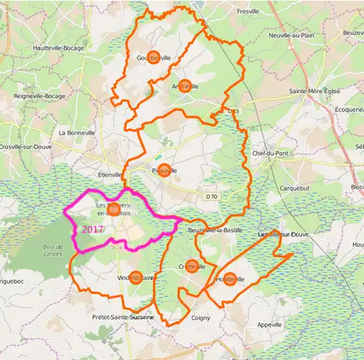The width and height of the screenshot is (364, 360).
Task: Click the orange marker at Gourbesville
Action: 154,58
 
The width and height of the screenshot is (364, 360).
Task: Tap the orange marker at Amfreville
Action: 185,86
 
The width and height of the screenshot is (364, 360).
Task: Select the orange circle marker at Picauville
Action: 164,171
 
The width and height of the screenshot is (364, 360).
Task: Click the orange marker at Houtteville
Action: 230,278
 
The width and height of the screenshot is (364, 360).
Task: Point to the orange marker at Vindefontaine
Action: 135,277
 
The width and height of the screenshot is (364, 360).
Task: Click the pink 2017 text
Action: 93,229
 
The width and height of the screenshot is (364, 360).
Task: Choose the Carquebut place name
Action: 296,187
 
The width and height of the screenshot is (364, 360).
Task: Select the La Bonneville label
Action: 76,133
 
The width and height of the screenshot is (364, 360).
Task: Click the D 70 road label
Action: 211,196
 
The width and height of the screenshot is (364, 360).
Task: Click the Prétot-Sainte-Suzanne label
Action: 123,318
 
